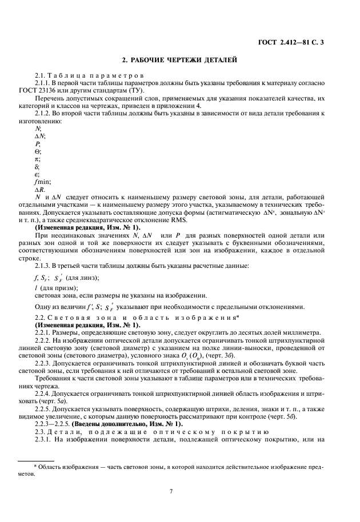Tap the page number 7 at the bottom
tap(171, 491)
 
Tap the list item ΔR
tap(40, 190)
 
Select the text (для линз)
tap(83, 278)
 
